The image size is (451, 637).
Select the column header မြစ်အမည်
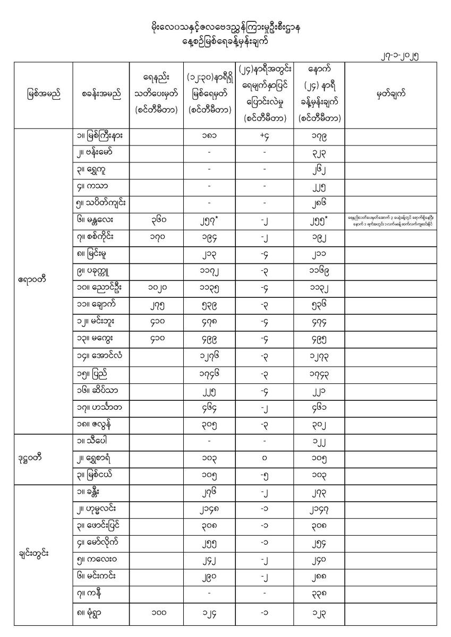[x=42, y=96]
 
